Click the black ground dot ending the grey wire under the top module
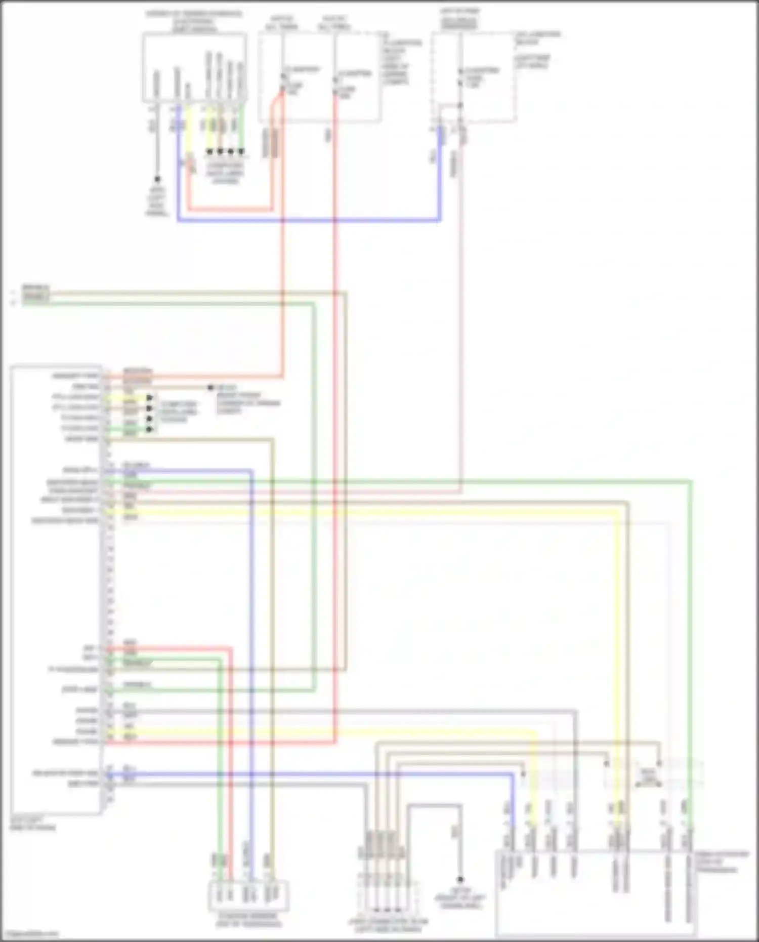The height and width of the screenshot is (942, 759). coord(157,179)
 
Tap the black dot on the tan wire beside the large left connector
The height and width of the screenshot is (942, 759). coord(210,388)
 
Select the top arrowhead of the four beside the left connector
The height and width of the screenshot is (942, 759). coord(150,398)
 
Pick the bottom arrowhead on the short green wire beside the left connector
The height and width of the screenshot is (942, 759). coord(150,429)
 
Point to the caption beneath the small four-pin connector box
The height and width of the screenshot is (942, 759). coord(248,920)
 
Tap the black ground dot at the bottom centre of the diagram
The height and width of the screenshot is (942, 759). coord(460,880)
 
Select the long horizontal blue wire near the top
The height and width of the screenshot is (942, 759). coord(309,221)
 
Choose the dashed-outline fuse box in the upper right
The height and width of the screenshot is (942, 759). coord(474,76)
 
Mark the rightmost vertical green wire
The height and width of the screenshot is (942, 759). coord(690,633)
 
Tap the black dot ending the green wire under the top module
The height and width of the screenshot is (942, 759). coord(241,151)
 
